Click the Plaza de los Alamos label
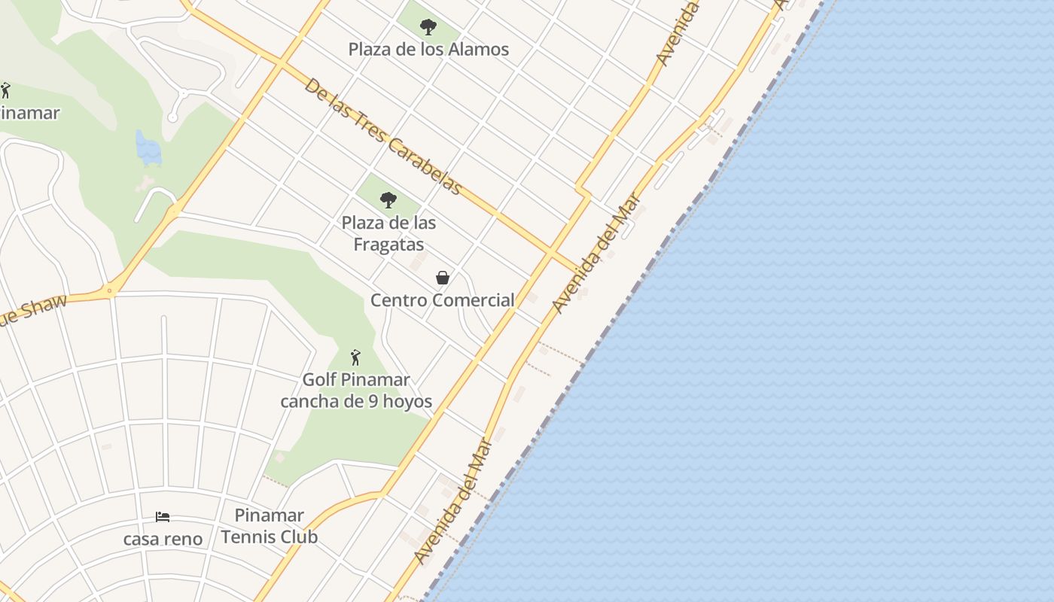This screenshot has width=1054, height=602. click(428, 50)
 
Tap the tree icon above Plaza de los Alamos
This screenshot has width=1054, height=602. click(428, 28)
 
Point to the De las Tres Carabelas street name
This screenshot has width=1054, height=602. click(382, 136)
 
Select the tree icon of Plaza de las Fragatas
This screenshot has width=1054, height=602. click(388, 200)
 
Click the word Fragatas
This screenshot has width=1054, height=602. click(388, 245)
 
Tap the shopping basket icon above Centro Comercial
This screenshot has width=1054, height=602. click(443, 278)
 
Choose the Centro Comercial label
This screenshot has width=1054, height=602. click(443, 300)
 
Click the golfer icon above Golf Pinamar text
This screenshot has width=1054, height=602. click(355, 357)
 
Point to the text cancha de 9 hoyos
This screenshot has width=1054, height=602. click(356, 401)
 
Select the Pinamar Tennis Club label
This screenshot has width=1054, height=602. click(269, 526)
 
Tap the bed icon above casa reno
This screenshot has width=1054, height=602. click(163, 517)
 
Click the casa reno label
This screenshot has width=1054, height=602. click(163, 539)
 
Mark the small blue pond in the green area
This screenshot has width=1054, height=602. click(148, 149)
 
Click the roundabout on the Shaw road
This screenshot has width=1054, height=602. click(111, 290)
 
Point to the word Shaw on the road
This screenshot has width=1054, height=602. click(42, 308)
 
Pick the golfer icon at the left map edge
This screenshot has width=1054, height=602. click(5, 91)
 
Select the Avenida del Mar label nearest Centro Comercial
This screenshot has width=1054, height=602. click(596, 253)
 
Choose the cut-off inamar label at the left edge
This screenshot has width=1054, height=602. click(29, 113)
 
